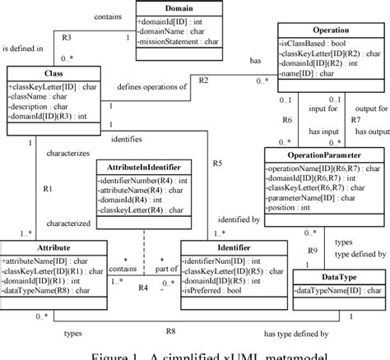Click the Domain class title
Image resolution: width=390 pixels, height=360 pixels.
(179, 7)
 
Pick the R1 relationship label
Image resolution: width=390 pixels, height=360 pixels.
(47, 189)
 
